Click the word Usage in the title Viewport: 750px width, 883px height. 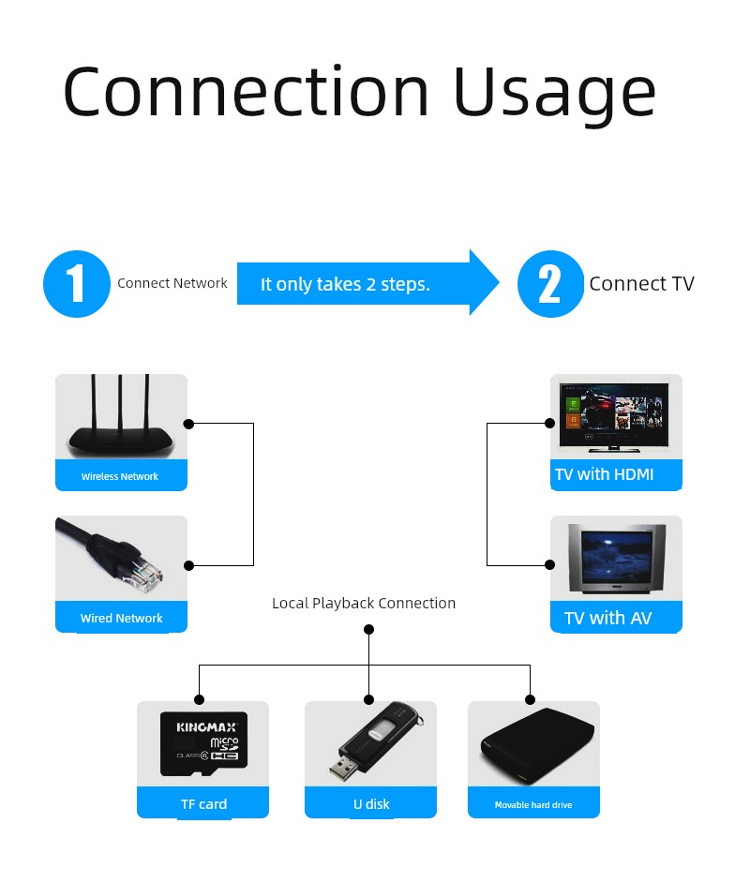(x=554, y=92)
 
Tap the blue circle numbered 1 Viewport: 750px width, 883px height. (x=77, y=284)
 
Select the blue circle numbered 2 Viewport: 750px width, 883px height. (x=550, y=284)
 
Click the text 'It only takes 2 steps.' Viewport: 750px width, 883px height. (x=345, y=284)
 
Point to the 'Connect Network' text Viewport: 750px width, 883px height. (x=172, y=283)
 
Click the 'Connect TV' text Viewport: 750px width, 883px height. (x=641, y=284)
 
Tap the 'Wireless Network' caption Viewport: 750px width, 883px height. (x=120, y=476)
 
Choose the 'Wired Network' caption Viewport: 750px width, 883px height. (x=122, y=618)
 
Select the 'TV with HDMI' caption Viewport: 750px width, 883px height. (x=604, y=474)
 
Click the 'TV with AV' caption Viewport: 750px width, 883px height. (x=607, y=618)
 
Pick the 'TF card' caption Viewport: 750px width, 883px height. (x=203, y=803)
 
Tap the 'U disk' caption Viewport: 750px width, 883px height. (x=371, y=803)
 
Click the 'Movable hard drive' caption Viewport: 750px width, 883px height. (x=533, y=804)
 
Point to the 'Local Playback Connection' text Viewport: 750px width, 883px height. (x=364, y=603)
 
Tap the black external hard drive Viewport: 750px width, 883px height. (x=536, y=746)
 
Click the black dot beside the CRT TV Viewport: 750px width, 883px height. (x=550, y=564)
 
